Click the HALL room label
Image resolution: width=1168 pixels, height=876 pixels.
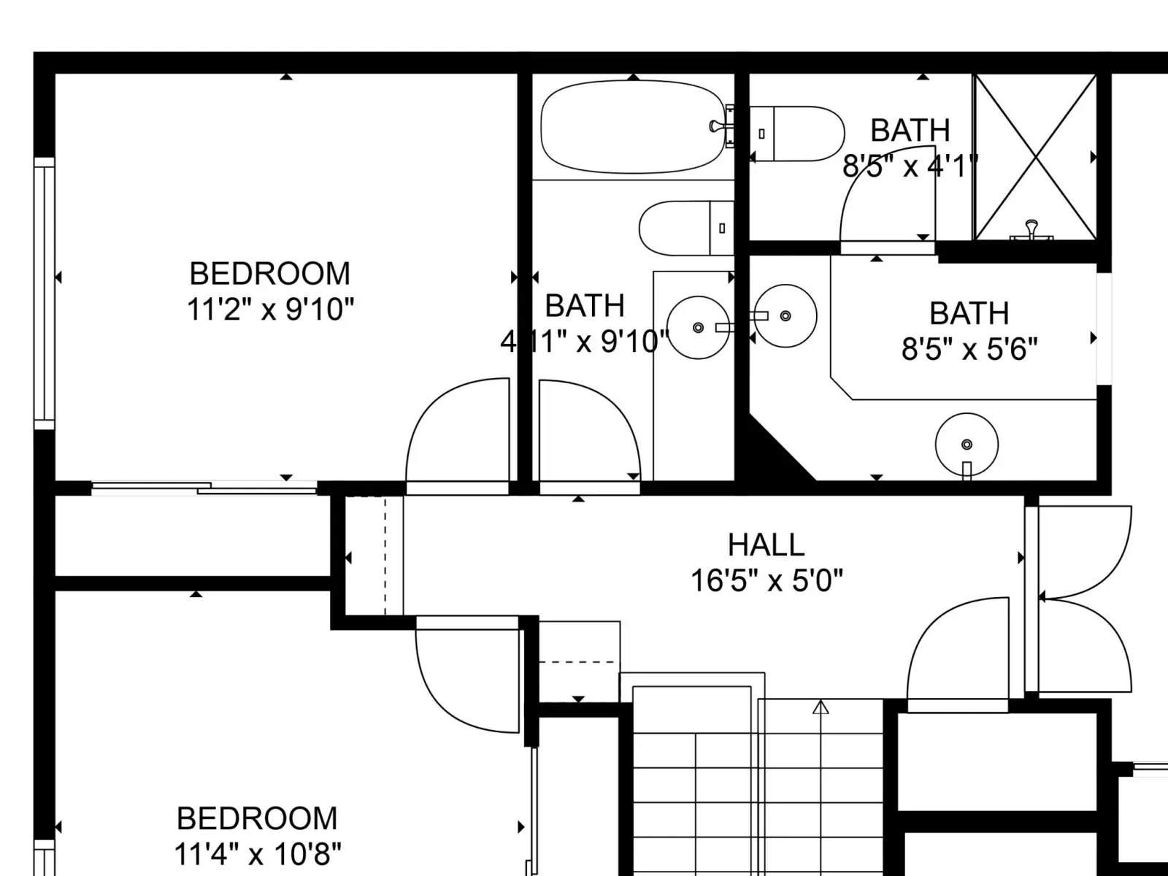click(766, 545)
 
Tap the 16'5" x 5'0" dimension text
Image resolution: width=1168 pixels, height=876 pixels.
click(766, 580)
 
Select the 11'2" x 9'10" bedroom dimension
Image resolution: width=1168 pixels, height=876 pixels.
click(270, 309)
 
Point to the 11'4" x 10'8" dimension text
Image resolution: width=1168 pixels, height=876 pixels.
click(257, 854)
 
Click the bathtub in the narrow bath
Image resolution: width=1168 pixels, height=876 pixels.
click(633, 126)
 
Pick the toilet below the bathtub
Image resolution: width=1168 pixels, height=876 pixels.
click(686, 228)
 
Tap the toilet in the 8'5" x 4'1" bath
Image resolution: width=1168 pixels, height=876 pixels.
click(797, 134)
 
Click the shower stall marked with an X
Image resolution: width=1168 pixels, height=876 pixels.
click(1035, 157)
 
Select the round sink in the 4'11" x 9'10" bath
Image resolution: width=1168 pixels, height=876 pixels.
click(699, 327)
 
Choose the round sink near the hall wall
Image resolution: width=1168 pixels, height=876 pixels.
click(967, 445)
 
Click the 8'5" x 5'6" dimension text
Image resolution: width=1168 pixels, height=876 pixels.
click(969, 350)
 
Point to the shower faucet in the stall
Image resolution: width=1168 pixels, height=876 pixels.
click(1031, 230)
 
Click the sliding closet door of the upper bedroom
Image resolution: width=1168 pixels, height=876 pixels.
click(205, 488)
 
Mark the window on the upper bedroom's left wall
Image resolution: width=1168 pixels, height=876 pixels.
click(45, 293)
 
